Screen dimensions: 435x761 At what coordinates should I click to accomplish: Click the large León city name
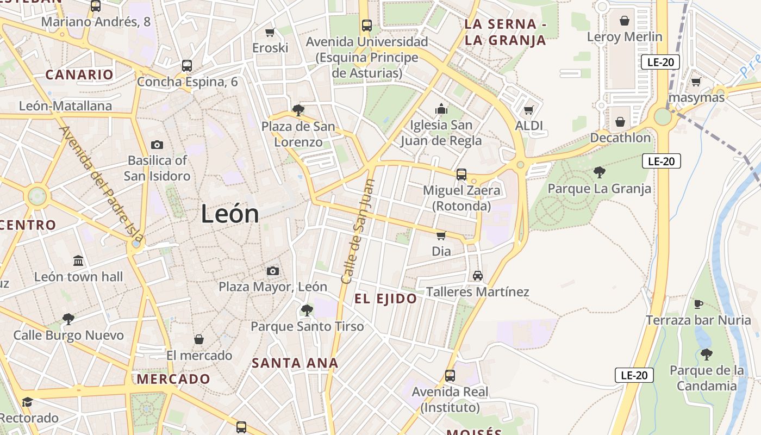point(230,214)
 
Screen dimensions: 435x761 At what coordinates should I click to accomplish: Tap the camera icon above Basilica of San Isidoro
point(157,145)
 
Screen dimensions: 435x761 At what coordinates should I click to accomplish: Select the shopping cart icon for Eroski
point(270,33)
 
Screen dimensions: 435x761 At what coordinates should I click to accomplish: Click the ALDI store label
point(529,126)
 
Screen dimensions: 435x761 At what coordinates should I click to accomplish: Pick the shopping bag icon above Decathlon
point(620,122)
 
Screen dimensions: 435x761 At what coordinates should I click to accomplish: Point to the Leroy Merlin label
point(625,37)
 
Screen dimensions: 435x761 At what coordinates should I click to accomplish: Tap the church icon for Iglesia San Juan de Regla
point(441,109)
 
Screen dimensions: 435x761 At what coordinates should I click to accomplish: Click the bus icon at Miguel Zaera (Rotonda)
point(461,175)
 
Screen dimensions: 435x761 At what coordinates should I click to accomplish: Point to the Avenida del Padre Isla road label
point(102,185)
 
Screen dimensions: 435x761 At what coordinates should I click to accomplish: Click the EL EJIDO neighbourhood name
point(385,299)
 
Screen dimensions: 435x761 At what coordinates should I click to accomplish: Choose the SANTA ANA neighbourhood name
point(295,363)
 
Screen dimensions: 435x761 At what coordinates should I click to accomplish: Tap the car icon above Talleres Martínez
point(478,276)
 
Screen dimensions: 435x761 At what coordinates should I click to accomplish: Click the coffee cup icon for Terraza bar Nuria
point(698,304)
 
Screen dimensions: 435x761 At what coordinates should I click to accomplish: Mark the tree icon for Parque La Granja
point(600,172)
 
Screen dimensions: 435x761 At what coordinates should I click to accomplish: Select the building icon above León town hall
point(78,261)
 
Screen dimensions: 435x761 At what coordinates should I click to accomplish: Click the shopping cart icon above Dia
point(441,235)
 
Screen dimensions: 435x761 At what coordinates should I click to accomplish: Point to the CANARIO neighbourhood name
point(79,75)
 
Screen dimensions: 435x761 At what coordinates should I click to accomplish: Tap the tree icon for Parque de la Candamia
point(706,355)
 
